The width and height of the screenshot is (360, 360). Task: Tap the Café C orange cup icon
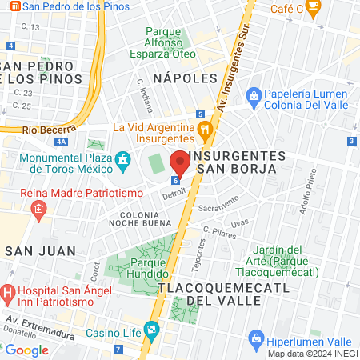click(x=313, y=8)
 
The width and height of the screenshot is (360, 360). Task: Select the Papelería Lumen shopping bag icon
click(x=253, y=97)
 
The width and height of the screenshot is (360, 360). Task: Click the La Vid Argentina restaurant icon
click(x=205, y=128)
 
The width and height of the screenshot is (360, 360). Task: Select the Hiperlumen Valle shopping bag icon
click(x=256, y=337)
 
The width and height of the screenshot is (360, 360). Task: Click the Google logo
click(x=26, y=350)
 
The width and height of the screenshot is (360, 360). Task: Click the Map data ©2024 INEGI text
click(x=312, y=354)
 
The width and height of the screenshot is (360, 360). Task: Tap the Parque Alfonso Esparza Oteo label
click(x=169, y=43)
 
